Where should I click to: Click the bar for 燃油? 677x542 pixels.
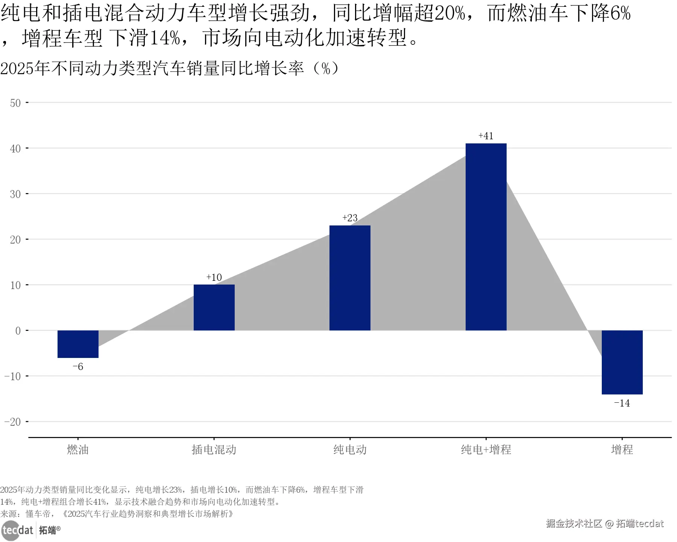(78, 344)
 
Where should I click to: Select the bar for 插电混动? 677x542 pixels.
(214, 308)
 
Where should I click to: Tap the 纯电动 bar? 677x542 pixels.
(350, 278)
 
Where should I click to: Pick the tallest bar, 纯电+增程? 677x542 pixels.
(486, 237)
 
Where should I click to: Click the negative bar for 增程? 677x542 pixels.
(622, 362)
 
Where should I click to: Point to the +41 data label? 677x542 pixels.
(486, 136)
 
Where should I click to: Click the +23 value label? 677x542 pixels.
(350, 218)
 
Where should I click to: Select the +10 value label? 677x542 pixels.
(214, 277)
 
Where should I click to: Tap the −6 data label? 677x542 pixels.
(78, 367)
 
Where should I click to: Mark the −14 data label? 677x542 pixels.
(622, 403)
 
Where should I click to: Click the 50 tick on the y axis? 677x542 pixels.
(15, 103)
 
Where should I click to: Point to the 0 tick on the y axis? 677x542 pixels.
(18, 331)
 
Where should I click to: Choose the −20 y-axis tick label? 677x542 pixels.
(12, 422)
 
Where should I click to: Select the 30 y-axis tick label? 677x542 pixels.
(15, 194)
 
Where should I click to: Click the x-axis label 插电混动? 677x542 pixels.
(214, 449)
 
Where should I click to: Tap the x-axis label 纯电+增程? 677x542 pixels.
(486, 449)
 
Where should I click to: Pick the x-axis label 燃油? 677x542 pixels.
(78, 449)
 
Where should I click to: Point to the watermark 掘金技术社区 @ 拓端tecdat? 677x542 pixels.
(605, 524)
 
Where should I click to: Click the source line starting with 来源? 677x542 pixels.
(117, 514)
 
